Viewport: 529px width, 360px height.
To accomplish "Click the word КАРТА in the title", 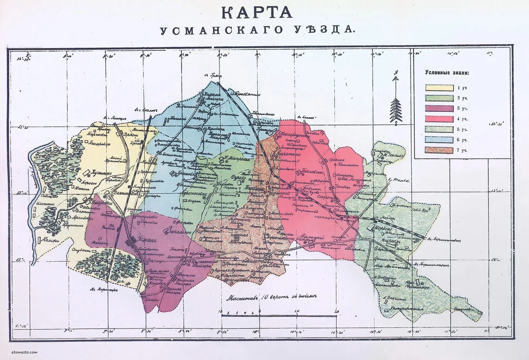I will (257, 13).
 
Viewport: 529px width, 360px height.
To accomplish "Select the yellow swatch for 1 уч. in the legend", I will (439, 88).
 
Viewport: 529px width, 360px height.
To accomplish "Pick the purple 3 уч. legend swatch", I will (439, 108).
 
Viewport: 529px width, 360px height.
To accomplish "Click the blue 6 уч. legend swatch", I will (439, 140).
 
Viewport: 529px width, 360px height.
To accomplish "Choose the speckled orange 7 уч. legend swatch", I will (439, 150).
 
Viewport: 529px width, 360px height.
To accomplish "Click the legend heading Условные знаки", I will (447, 73).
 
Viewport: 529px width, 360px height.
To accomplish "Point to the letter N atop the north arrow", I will (396, 73).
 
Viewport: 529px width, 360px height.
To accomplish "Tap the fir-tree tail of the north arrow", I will (396, 110).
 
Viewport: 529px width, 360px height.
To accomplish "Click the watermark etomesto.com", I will (24, 352).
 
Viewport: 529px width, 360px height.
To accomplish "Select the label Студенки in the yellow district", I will (82, 250).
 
